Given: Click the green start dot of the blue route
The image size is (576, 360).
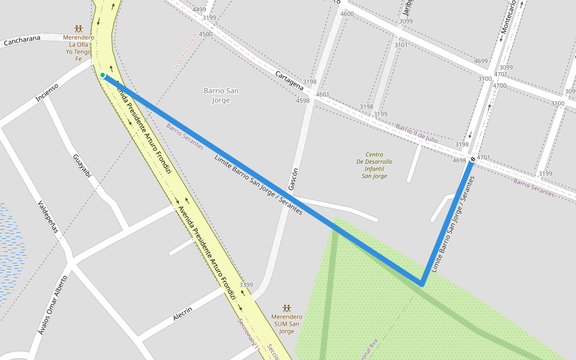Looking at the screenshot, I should point(103,75).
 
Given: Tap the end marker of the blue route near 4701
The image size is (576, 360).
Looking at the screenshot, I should point(473,159).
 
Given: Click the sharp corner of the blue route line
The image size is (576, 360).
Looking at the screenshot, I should point(422,284).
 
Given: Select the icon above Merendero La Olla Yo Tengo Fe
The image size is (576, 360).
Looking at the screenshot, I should point(79,28).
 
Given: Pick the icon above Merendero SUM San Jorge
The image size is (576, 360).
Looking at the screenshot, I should point(287,308).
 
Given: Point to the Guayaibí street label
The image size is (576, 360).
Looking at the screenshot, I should point(82,166).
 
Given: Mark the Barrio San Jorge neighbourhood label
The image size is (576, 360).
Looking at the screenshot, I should point(221,95).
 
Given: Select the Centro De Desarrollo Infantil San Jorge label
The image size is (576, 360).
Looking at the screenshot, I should point(374,165).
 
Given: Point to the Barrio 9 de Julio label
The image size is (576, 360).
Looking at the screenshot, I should point(416,133).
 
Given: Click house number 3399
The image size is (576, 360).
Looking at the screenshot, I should point(246,284).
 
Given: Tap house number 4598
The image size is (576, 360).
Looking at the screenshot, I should point(302,101).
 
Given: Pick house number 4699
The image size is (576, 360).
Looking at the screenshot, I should point(481,61).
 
